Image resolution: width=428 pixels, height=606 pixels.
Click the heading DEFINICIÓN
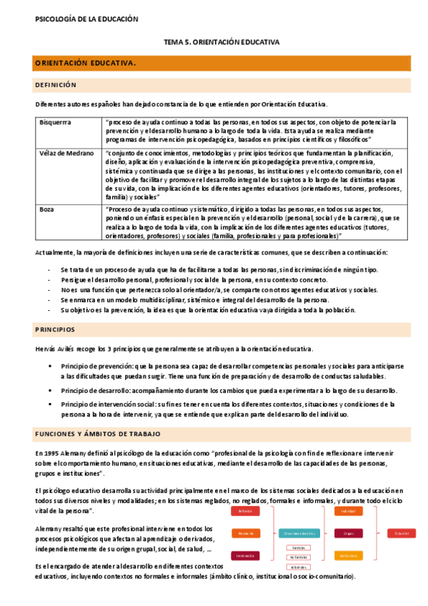click(x=55, y=85)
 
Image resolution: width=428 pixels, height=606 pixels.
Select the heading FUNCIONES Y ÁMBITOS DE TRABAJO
click(x=97, y=434)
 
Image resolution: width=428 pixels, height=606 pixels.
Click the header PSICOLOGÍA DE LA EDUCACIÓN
click(x=86, y=19)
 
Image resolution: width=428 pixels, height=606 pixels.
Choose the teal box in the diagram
click(x=300, y=533)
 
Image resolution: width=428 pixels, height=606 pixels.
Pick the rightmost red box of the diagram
click(x=401, y=533)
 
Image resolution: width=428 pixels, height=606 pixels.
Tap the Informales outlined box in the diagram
click(x=300, y=567)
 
